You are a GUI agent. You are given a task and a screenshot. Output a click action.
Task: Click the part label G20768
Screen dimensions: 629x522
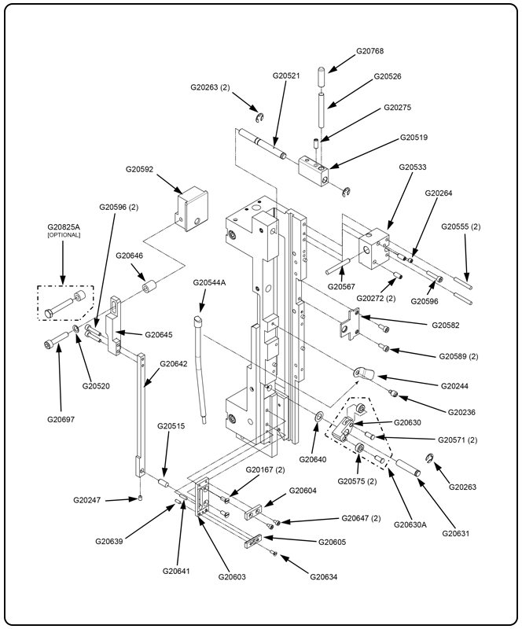(369, 51)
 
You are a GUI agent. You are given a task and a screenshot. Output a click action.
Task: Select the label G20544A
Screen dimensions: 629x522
(209, 282)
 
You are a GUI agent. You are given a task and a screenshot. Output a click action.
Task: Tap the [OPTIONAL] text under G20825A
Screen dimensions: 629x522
(64, 235)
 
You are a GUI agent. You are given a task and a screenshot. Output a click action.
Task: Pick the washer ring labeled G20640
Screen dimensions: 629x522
(317, 414)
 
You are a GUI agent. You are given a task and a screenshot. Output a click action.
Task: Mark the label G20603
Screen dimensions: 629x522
(232, 577)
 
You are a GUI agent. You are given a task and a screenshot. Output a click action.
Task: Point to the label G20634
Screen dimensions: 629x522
(323, 577)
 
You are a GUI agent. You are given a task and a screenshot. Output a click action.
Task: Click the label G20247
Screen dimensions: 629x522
(87, 500)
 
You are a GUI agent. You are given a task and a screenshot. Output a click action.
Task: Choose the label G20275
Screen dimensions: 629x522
(397, 107)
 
